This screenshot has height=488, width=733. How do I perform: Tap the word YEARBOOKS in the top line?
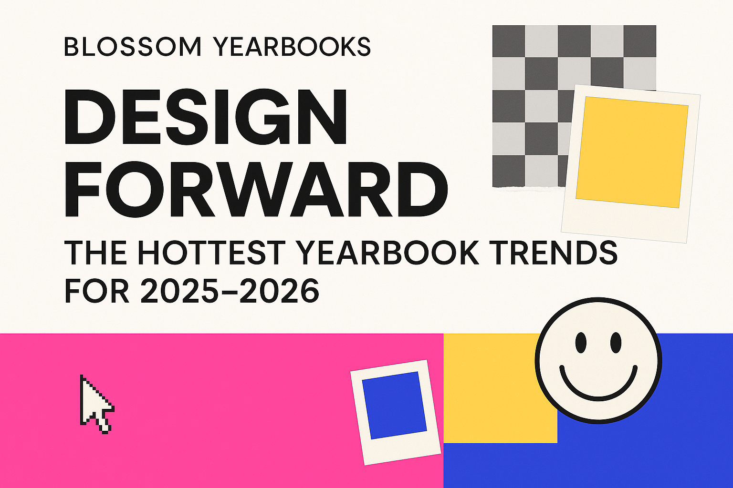pos(292,47)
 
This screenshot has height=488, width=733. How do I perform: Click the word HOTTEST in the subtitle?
pos(218,253)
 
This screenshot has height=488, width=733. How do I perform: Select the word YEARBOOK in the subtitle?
pos(387,253)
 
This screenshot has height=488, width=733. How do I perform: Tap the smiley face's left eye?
pos(581,343)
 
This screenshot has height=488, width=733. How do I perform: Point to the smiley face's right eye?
pos(616,343)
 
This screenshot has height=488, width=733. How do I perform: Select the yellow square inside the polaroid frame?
pos(632,152)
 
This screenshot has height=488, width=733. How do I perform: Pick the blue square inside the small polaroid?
pos(394,405)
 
